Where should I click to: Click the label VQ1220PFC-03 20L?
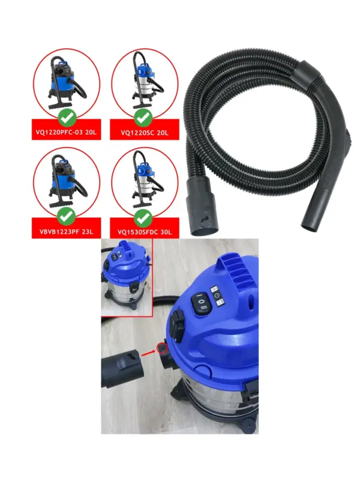(x=66, y=133)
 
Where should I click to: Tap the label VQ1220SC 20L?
(x=145, y=133)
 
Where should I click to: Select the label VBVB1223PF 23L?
(x=66, y=232)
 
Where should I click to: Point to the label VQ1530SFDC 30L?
(x=145, y=232)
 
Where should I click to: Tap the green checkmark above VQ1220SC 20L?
(x=143, y=117)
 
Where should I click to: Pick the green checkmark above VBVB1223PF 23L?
(x=66, y=216)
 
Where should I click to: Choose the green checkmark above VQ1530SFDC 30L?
(x=143, y=217)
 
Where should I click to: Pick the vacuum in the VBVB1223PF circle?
(x=65, y=181)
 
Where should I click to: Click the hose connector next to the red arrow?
(x=122, y=368)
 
